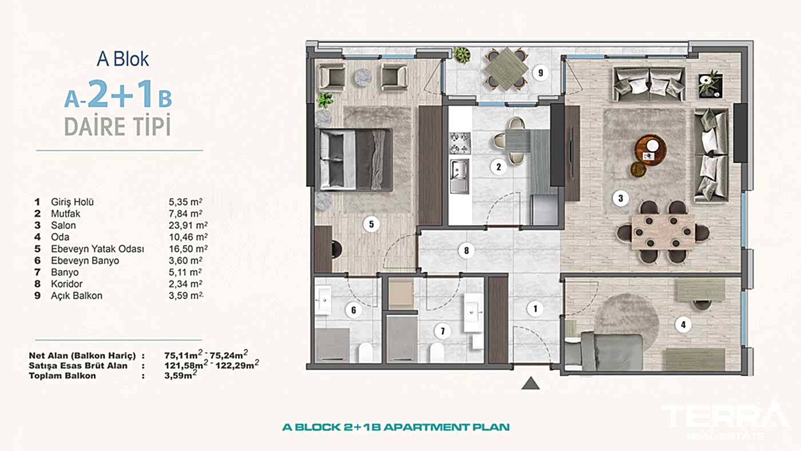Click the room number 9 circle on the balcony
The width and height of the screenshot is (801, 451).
point(540,73)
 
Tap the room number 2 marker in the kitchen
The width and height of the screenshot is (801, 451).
point(498,167)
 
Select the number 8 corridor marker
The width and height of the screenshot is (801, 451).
point(466,250)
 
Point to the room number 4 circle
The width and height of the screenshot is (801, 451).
point(683,325)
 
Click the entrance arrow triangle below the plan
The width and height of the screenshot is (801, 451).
point(531,383)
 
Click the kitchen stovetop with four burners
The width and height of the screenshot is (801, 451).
point(460,143)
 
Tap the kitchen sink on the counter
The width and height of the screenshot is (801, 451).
point(459,176)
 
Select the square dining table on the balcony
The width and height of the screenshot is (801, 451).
point(506,69)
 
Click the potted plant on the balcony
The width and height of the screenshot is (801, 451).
point(462,55)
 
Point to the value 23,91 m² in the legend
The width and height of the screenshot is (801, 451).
point(188,225)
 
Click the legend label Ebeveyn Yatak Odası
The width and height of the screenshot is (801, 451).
point(97,249)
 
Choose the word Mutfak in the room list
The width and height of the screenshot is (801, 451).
point(65,213)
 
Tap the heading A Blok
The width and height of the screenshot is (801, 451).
point(122,59)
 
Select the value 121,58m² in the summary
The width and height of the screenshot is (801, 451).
point(184,365)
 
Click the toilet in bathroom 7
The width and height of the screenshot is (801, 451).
point(437,353)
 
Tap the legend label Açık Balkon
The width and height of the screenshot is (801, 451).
point(77,296)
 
